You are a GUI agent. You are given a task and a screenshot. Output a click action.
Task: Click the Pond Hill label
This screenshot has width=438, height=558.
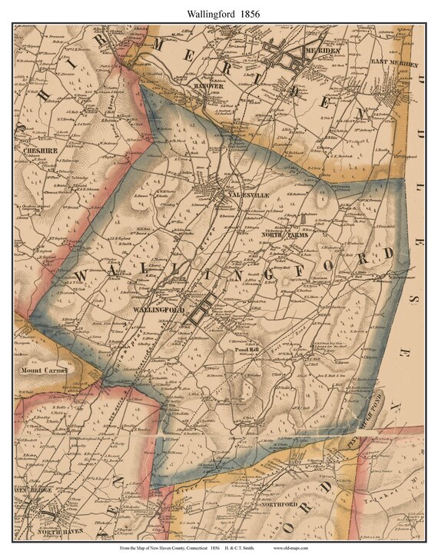(245, 350)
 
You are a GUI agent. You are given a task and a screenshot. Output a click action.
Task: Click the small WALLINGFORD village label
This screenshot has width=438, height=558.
(159, 309)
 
